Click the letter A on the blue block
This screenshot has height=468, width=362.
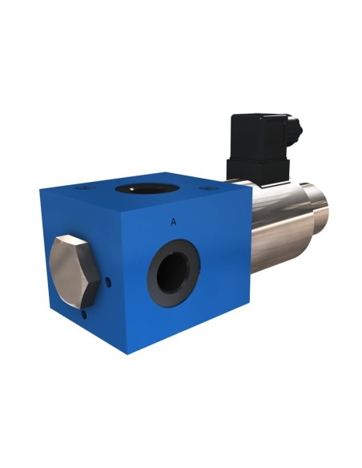(x=173, y=222)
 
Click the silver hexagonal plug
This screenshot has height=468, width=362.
(x=74, y=272)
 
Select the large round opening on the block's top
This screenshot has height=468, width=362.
(x=147, y=188)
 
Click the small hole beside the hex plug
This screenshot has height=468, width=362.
(x=109, y=282)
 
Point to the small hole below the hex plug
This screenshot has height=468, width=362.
(x=85, y=315)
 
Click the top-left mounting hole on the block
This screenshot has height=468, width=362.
(x=85, y=188)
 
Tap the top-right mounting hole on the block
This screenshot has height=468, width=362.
(x=210, y=188)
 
